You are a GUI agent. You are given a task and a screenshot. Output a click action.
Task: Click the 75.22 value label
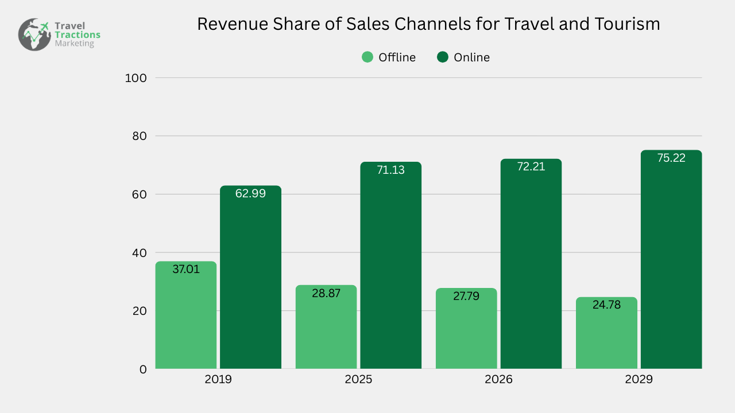point(671,158)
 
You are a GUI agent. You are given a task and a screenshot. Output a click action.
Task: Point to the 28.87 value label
point(326,293)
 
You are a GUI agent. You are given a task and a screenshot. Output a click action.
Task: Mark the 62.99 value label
point(250,193)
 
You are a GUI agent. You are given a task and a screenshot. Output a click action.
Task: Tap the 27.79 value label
point(466,296)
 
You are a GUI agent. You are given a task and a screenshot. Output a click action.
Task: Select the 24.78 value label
point(606,305)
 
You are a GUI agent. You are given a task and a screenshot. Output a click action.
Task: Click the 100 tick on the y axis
point(136,78)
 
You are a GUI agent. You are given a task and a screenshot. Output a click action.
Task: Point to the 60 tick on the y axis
point(139,194)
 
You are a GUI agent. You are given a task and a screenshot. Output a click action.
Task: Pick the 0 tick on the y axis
point(142,369)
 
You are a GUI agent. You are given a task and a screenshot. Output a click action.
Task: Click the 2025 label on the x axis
point(358,380)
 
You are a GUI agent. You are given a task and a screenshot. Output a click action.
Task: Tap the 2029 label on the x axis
point(639,380)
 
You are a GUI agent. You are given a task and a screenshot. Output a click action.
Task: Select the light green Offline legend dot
point(367,57)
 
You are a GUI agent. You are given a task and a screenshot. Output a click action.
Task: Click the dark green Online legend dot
point(442,57)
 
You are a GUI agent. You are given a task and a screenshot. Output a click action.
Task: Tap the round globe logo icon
point(34,34)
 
